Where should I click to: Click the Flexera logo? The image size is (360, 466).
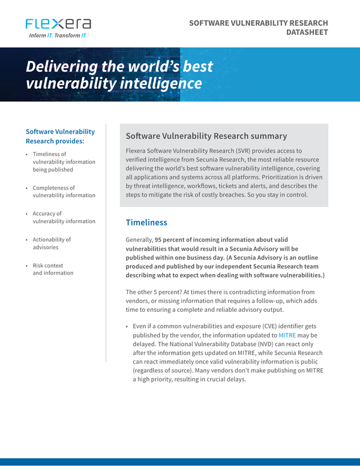[58, 24]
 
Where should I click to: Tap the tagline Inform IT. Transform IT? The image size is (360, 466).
[58, 36]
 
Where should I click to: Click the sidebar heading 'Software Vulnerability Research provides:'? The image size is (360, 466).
[60, 136]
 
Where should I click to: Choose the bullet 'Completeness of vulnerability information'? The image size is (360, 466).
[64, 191]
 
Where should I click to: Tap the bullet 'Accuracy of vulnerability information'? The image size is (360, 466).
[64, 217]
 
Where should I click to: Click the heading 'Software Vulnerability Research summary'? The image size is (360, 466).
[206, 136]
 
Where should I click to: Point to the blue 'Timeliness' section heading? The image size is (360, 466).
[146, 223]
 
